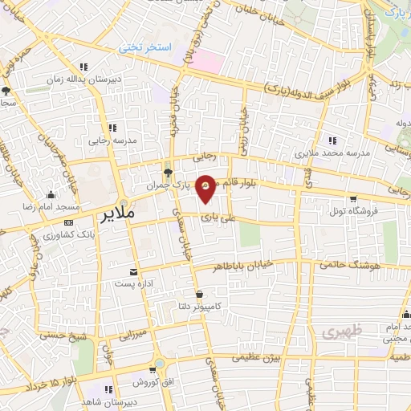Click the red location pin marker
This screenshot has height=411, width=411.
206,186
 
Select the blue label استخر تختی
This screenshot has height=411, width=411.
146,48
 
